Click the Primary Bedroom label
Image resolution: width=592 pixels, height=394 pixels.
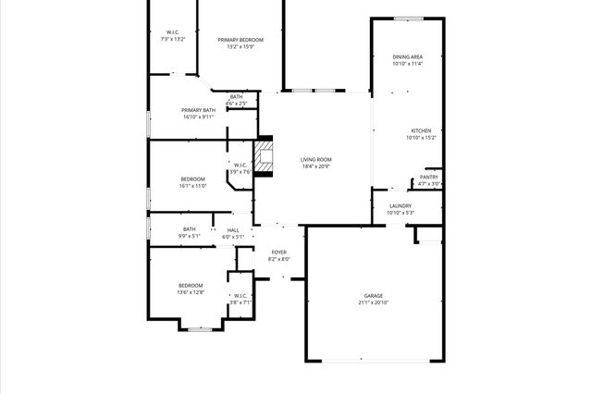(240, 40)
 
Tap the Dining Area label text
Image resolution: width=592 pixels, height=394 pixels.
(407, 57)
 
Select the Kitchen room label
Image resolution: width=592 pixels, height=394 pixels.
(421, 130)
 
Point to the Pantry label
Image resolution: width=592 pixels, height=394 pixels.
(429, 177)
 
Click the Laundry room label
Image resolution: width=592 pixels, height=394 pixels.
(401, 205)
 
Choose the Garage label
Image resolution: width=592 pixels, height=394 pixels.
(373, 296)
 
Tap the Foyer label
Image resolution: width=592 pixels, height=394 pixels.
(278, 252)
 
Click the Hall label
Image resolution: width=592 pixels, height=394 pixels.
(233, 229)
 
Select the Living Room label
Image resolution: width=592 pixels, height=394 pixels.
(315, 159)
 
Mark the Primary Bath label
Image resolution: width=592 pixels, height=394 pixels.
(198, 110)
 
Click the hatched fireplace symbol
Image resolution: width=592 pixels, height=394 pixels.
(265, 156)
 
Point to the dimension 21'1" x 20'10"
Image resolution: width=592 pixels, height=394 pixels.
(373, 303)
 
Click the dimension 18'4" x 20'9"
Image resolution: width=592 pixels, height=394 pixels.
(315, 166)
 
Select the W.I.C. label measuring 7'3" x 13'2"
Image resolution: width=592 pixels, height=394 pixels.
(172, 32)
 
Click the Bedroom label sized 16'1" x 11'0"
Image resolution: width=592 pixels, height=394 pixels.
(192, 179)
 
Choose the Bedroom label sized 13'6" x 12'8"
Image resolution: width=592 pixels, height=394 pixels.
(191, 285)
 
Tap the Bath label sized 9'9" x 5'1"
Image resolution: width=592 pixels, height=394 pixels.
(189, 229)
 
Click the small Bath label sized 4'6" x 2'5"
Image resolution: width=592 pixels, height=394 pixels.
(237, 96)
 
